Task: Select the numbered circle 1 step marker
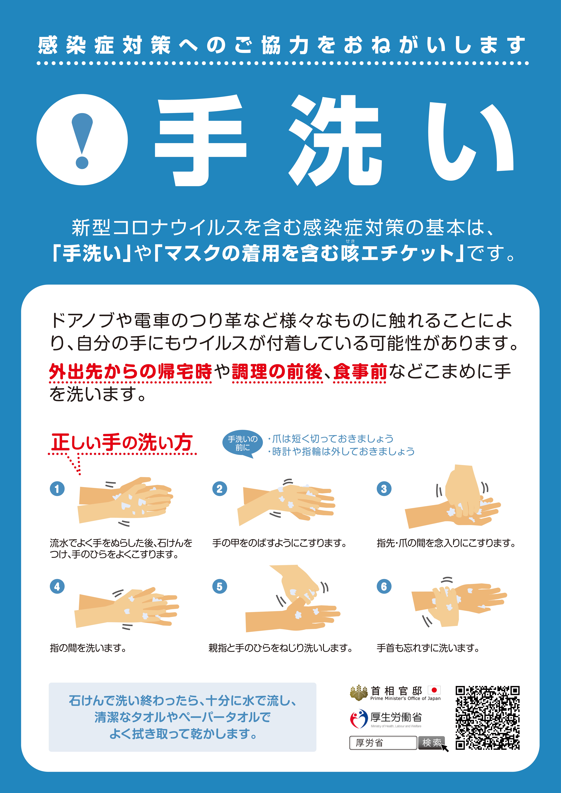pyautogui.click(x=57, y=489)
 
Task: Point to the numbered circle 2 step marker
pyautogui.click(x=219, y=489)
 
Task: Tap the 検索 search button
pyautogui.click(x=431, y=743)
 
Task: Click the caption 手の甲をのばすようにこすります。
pyautogui.click(x=279, y=543)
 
